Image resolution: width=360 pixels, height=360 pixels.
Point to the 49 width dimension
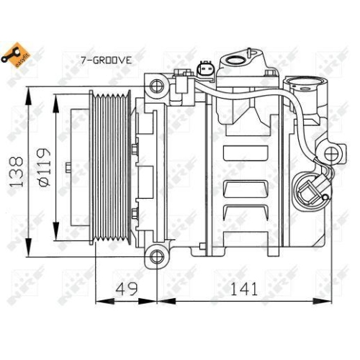coord(127,289)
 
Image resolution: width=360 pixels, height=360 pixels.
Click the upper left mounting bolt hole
coord(155,86)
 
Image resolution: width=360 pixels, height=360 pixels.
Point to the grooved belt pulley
coord(109,170)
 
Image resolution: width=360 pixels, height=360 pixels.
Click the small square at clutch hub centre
coord(68,170)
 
